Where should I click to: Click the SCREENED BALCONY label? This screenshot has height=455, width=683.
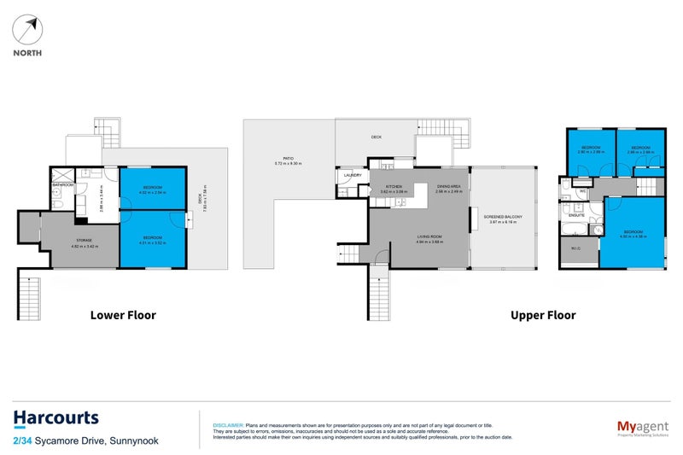click(x=502, y=218)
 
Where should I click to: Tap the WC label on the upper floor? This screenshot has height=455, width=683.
click(x=581, y=192)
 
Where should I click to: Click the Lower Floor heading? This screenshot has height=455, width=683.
click(x=123, y=315)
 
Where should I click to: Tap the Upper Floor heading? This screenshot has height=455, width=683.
click(x=543, y=315)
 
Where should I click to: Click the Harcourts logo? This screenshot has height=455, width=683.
click(x=55, y=418)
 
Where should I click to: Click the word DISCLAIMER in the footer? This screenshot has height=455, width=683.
click(x=227, y=424)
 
